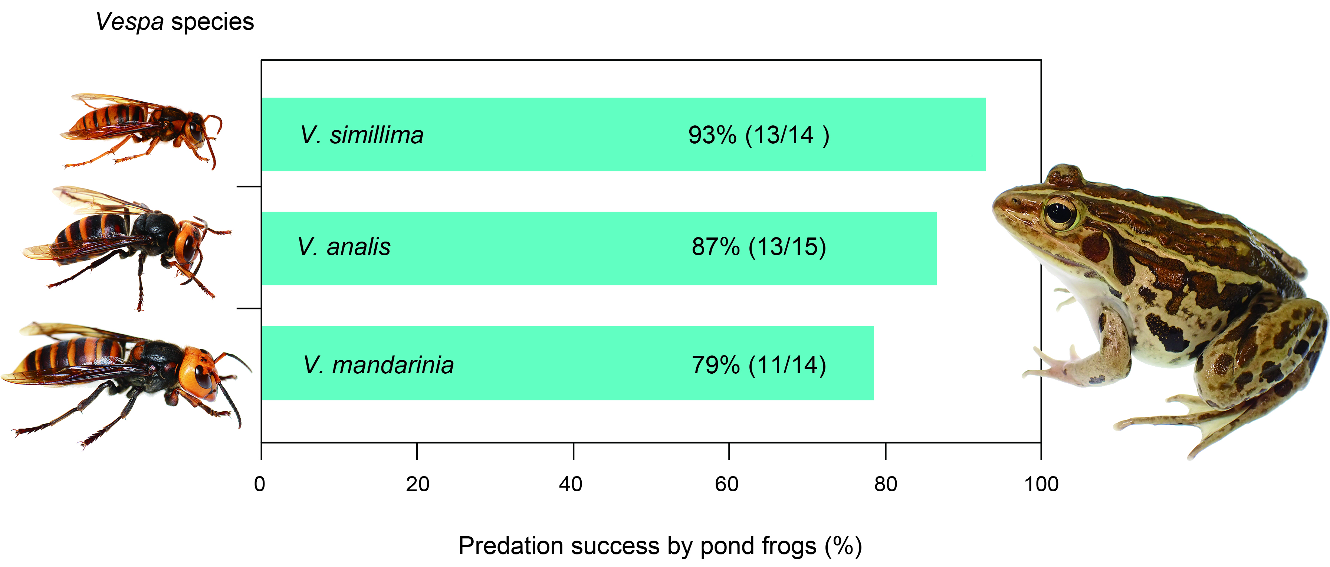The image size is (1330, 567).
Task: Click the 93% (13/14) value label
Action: tap(758, 135)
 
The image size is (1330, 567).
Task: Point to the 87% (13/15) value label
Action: tap(758, 247)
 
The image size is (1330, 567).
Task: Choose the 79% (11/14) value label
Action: tap(758, 365)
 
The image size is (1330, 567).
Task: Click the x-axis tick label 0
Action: tap(260, 484)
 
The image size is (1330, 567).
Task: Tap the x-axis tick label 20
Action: tap(417, 484)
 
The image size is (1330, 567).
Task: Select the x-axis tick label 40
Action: tap(571, 484)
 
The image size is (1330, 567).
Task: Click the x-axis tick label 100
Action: tap(1041, 484)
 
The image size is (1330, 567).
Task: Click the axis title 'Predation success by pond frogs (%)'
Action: tap(660, 546)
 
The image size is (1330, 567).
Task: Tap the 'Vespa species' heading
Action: tap(174, 22)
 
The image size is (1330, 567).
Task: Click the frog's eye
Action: tap(1060, 212)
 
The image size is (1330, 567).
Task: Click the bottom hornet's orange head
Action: tap(199, 371)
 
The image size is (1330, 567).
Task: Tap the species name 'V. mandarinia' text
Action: tap(378, 365)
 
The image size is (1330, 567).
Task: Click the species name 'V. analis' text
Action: tap(344, 247)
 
